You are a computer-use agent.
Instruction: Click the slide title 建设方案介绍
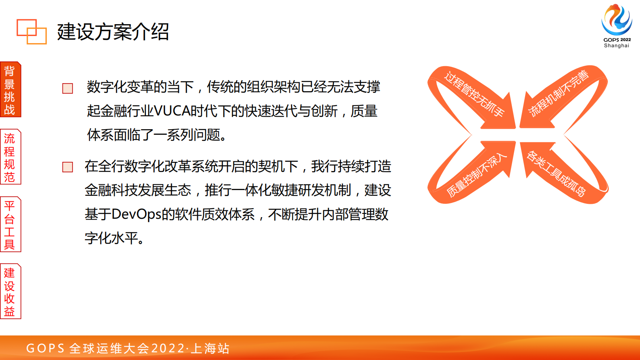click(x=113, y=32)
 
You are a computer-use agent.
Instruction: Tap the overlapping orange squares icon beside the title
click(x=31, y=31)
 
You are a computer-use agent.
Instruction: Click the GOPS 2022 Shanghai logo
click(x=617, y=22)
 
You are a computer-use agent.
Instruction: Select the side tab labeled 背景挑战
click(x=10, y=90)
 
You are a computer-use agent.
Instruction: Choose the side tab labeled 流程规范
click(x=10, y=157)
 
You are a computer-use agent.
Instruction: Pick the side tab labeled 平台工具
click(x=10, y=225)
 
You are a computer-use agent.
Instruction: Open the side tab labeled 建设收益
click(x=10, y=292)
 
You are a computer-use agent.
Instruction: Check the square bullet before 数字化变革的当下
click(x=68, y=88)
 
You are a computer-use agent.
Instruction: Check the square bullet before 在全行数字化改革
click(x=68, y=167)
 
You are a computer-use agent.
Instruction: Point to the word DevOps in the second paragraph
click(x=136, y=214)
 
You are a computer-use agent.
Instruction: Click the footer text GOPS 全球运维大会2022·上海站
click(x=128, y=348)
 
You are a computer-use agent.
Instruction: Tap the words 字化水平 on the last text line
click(x=111, y=238)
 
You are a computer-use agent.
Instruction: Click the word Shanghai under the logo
click(x=616, y=46)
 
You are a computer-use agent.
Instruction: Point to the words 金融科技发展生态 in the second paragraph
click(x=138, y=190)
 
